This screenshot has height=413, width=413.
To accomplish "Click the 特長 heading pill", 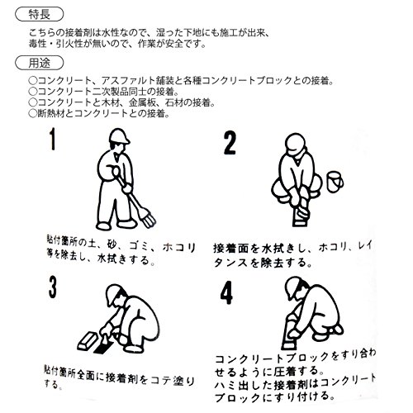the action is [x=39, y=14].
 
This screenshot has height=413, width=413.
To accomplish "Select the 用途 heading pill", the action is [x=39, y=63].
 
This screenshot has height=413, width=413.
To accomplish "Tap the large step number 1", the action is [x=52, y=140].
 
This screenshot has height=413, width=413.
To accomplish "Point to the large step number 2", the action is [x=230, y=143].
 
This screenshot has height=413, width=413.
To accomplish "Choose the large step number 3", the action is [x=53, y=287].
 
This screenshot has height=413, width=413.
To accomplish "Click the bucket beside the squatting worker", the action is [x=335, y=182].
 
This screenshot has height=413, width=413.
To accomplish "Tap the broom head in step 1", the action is [x=148, y=218].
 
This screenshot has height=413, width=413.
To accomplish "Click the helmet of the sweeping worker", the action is [x=119, y=136].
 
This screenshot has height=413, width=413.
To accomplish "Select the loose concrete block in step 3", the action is [x=87, y=341].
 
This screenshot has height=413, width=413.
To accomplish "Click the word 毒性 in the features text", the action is [x=38, y=44].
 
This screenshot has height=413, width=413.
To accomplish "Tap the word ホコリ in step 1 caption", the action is [x=179, y=247].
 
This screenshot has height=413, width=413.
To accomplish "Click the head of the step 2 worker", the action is [x=295, y=145].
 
